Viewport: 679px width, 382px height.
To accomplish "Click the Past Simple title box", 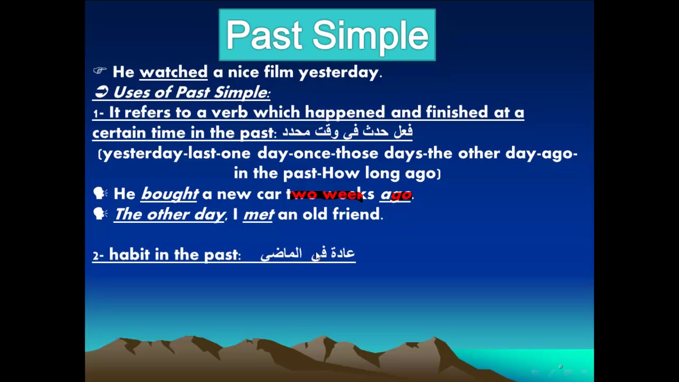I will (x=327, y=35).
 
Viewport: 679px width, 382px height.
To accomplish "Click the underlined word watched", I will (x=173, y=72).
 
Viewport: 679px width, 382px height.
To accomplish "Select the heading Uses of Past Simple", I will (x=191, y=92).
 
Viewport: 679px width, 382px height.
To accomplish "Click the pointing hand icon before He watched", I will (x=100, y=71).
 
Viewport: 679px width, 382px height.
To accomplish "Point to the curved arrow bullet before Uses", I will (x=101, y=92).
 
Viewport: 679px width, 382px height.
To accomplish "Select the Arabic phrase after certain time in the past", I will (x=347, y=132).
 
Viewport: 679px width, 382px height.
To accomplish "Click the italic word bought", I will (x=170, y=194).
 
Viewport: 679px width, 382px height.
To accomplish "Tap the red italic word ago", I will (x=396, y=194).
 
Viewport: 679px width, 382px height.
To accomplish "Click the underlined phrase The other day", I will (x=169, y=214).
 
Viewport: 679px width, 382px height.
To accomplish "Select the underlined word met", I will (x=258, y=214).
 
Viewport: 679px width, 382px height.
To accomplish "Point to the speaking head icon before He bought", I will (x=100, y=194).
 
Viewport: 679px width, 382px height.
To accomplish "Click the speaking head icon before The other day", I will (x=100, y=214).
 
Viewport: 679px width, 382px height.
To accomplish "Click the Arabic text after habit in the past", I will (x=307, y=254).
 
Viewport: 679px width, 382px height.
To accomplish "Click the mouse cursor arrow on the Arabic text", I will (x=318, y=256).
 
